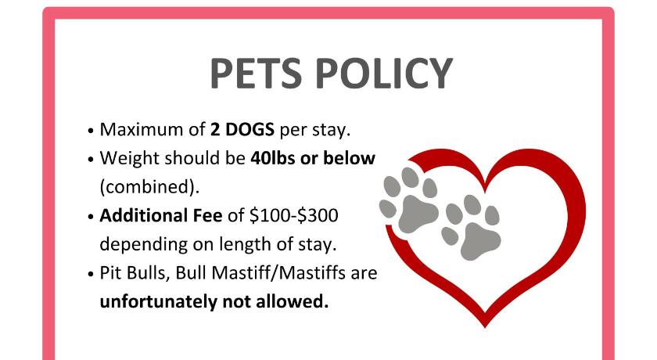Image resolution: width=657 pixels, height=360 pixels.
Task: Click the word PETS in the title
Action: tap(256, 74)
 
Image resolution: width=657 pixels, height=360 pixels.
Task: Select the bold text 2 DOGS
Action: tap(242, 129)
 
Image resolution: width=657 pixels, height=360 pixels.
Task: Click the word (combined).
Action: tap(149, 187)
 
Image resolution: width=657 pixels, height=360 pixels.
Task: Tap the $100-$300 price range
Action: tap(294, 215)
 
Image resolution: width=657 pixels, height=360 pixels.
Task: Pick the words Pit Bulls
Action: tap(135, 273)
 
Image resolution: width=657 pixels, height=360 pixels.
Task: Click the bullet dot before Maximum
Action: tap(90, 131)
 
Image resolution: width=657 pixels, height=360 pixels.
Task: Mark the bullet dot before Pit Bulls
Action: tap(90, 274)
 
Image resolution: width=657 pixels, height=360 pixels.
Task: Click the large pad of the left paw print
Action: tap(418, 214)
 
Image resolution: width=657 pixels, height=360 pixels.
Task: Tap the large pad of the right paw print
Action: tap(480, 241)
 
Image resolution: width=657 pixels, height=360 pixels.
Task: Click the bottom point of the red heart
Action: tap(485, 326)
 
